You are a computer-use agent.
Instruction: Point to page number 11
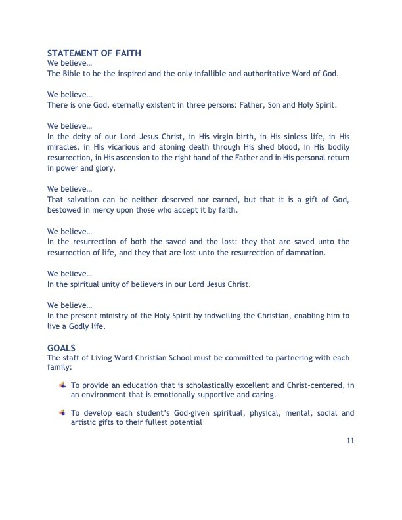tap(350, 439)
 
